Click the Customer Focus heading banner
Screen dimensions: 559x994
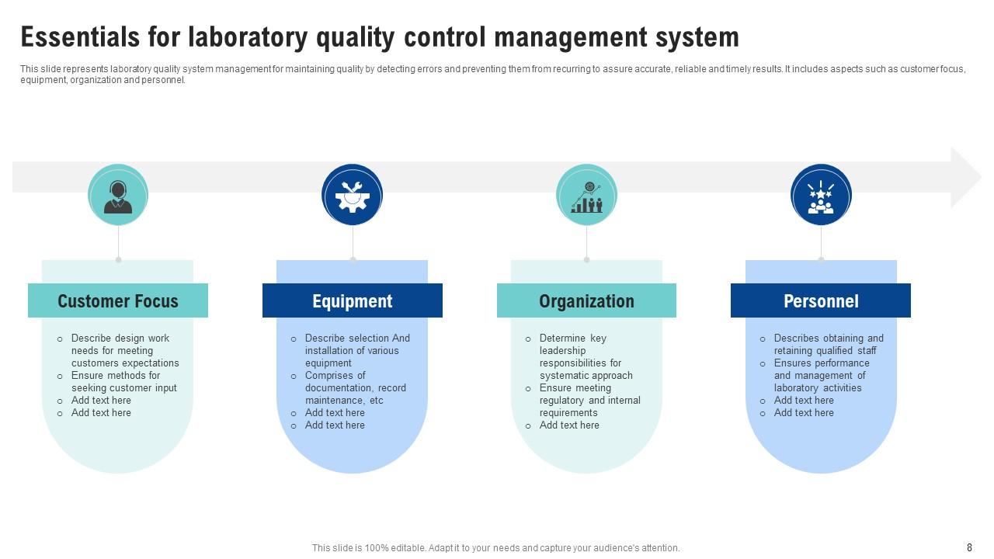[118, 301]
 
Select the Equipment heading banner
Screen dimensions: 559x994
[352, 301]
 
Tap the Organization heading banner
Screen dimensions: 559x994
[586, 301]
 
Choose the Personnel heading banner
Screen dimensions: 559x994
[821, 301]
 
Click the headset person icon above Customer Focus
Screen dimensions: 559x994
[118, 196]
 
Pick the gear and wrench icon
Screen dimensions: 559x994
[353, 196]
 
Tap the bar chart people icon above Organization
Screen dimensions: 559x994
[587, 196]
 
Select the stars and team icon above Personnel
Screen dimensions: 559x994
[821, 196]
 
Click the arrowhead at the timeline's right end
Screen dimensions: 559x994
[965, 178]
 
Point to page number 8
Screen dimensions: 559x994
[969, 547]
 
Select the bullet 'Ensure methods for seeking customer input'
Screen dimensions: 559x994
[123, 382]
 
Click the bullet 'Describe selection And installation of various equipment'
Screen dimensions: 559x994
[357, 350]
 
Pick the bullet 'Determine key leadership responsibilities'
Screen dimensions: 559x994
[586, 356]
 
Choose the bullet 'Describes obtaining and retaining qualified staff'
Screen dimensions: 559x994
[828, 344]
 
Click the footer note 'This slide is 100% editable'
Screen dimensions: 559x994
[495, 547]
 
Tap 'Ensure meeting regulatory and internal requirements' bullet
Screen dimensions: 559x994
[589, 400]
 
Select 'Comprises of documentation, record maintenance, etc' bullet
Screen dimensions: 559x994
[355, 387]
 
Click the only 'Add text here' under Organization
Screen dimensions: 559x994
[569, 425]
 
